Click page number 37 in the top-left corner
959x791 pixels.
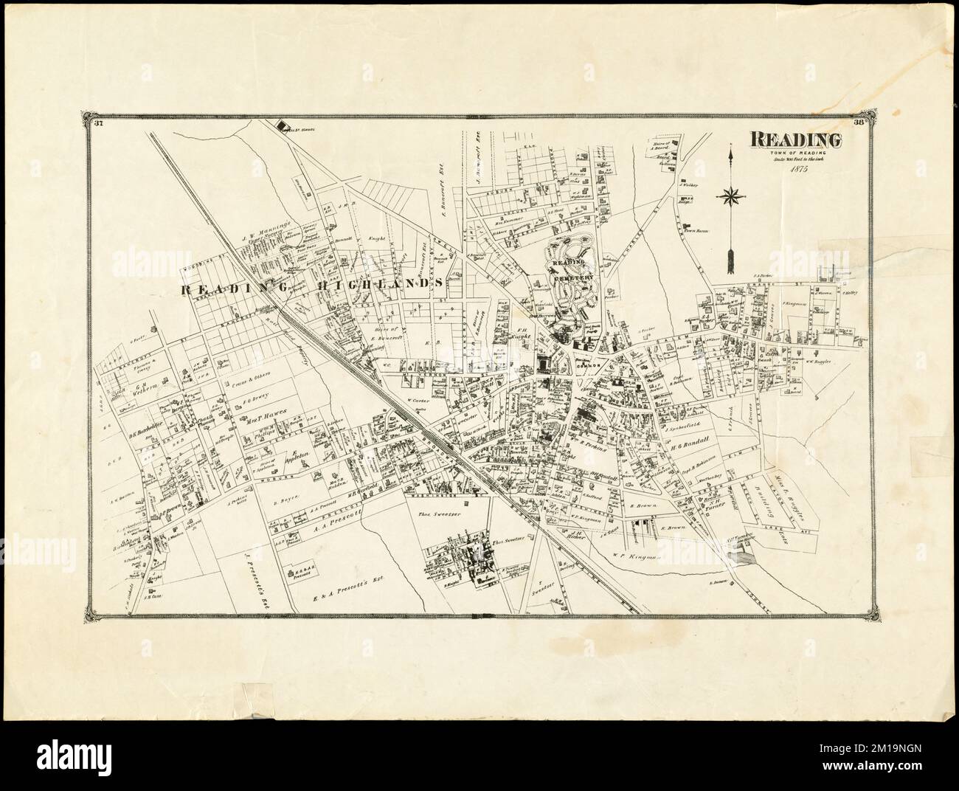[x=97, y=123]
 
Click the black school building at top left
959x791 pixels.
[x=282, y=126]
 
